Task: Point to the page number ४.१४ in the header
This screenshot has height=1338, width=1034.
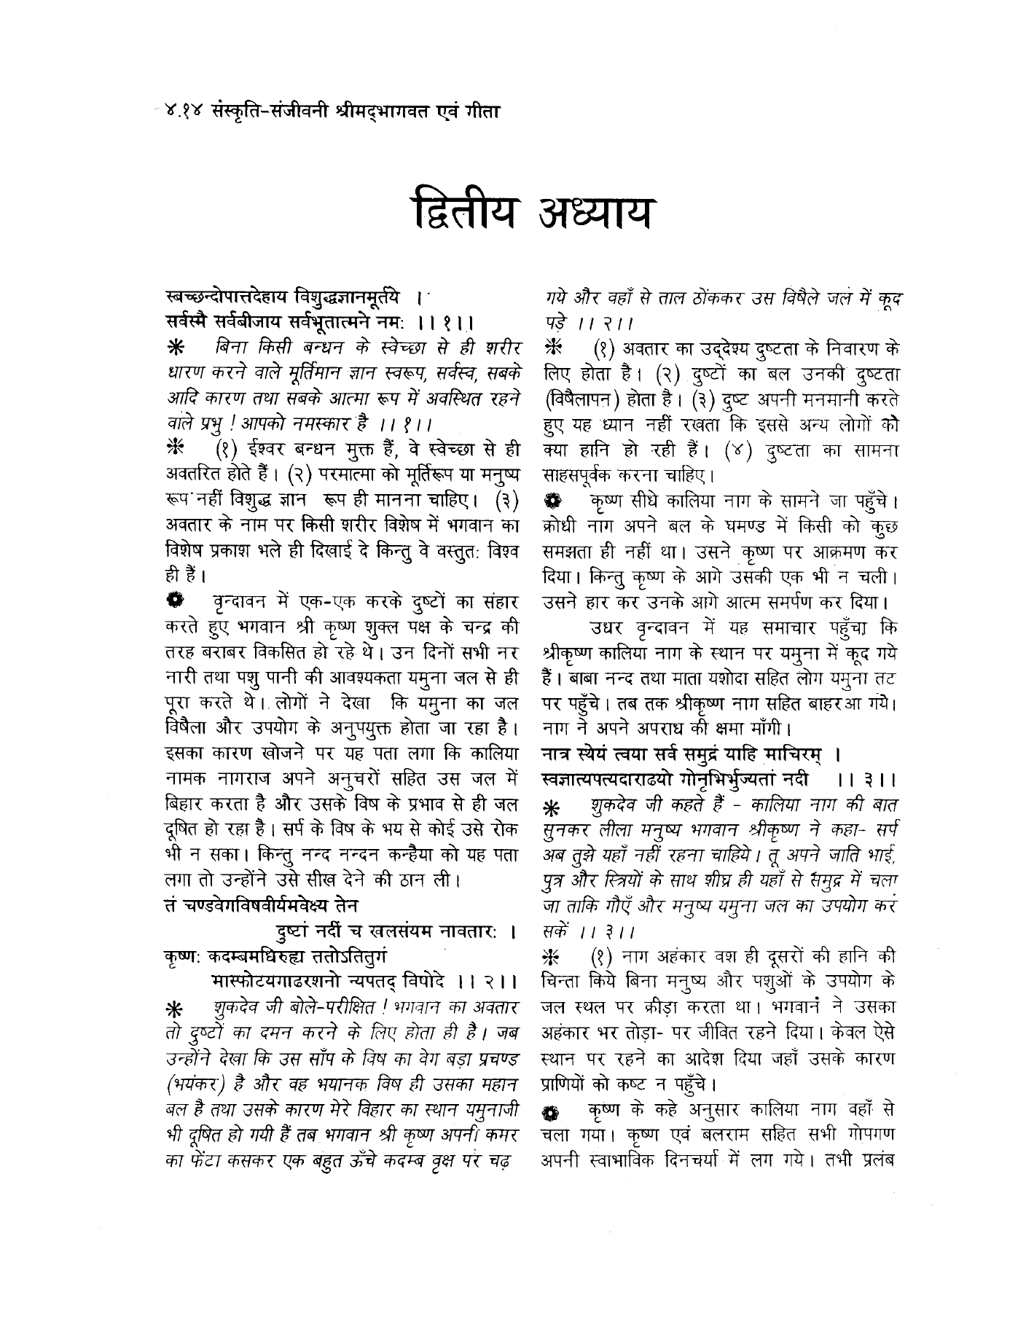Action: pyautogui.click(x=184, y=111)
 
